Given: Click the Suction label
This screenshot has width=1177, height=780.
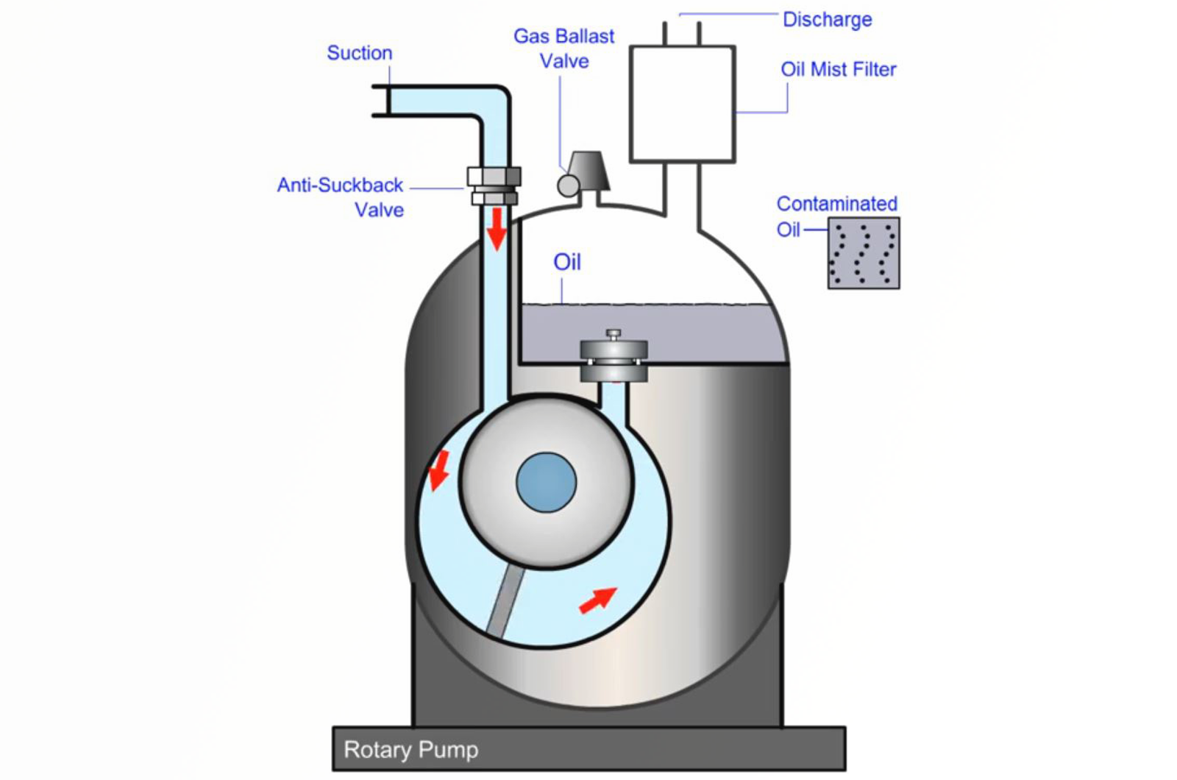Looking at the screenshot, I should click(359, 53).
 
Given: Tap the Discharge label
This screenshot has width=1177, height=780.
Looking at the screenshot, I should click(827, 19).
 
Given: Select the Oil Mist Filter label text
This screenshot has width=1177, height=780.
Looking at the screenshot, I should click(838, 69).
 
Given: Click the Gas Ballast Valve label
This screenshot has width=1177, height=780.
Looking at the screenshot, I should click(563, 49).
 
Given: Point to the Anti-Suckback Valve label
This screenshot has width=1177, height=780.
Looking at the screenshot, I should click(341, 196).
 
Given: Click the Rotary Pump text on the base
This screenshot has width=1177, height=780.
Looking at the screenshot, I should click(410, 750).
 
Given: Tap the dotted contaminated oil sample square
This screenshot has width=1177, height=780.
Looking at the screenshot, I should click(863, 252).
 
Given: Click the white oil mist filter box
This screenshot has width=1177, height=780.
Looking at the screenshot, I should click(682, 104).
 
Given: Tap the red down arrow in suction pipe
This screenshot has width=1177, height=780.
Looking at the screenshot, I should click(497, 228).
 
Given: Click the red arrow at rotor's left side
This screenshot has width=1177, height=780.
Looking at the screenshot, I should click(439, 469).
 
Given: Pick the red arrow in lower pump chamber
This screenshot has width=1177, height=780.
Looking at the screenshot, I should click(597, 599).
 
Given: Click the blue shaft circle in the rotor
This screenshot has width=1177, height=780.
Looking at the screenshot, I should click(546, 482).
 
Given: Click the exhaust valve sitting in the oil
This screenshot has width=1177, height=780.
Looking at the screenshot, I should click(614, 357).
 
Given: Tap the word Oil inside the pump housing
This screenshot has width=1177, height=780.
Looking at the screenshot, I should click(566, 262).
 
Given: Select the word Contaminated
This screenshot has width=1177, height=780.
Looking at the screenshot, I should click(836, 204).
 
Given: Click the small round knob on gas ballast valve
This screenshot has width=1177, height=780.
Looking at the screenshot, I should click(568, 185).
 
